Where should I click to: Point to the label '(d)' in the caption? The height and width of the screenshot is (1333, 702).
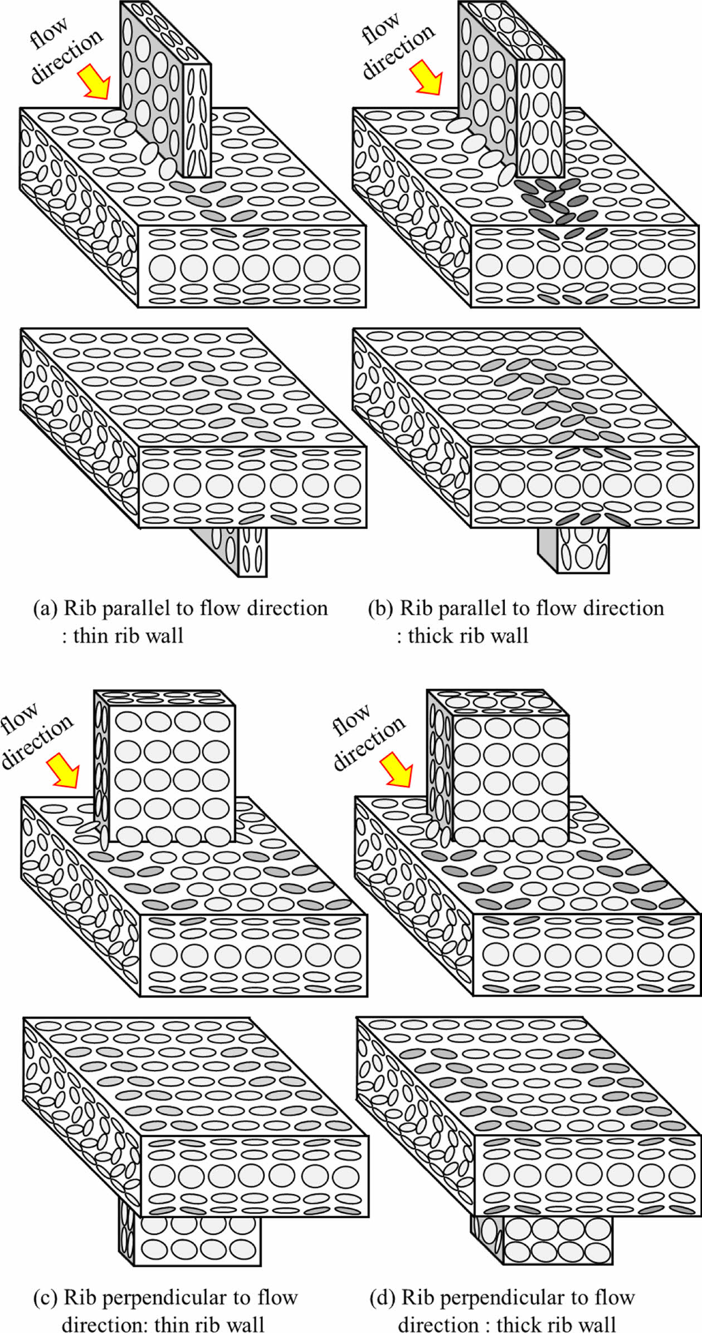point(383,1298)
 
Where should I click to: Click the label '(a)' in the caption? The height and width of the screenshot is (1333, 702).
point(46,608)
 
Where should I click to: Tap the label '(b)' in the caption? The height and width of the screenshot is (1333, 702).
point(381,608)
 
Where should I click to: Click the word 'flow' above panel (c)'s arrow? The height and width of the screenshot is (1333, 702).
point(19,718)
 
